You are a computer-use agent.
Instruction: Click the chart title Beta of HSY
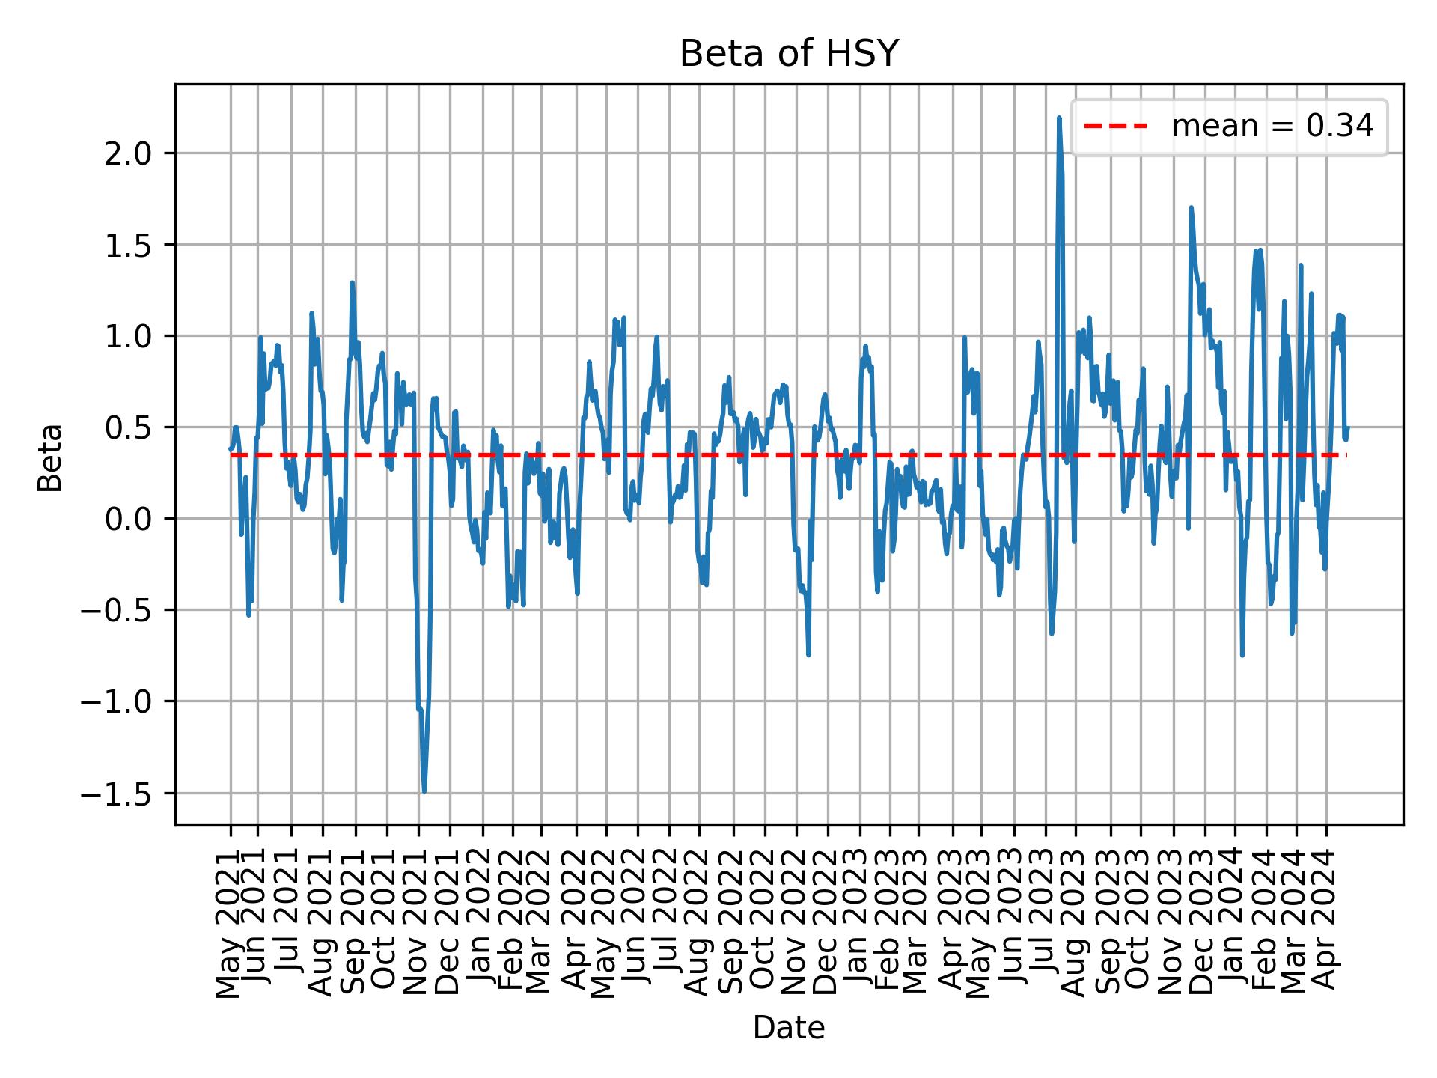[x=788, y=54]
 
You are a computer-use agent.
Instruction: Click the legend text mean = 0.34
[x=1272, y=127]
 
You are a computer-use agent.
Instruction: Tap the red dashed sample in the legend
[x=1115, y=127]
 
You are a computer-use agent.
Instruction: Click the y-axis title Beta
[x=50, y=457]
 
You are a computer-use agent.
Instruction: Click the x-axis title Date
[x=788, y=1029]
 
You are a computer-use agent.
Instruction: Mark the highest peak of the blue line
[x=1058, y=118]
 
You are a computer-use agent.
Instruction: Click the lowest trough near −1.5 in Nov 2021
[x=424, y=791]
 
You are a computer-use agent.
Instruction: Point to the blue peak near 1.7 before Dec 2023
[x=1190, y=208]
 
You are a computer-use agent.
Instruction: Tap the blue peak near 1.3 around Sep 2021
[x=352, y=283]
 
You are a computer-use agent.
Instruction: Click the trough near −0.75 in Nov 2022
[x=808, y=655]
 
